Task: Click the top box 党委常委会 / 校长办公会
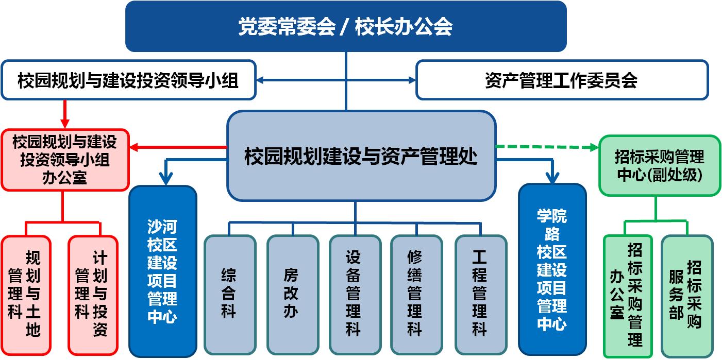pos(346,26)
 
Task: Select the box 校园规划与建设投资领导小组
pos(128,80)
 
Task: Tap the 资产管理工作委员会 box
pos(562,80)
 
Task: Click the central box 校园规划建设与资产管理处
pos(361,156)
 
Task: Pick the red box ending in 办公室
pos(65,160)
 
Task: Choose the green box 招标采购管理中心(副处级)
pos(660,165)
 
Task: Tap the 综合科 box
pos(229,293)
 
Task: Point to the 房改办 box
pos(292,293)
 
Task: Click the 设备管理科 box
pos(354,293)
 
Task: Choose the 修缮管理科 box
pos(415,293)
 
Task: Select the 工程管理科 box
pos(480,293)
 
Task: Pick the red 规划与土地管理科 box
pos(25,295)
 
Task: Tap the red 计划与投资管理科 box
pos(93,295)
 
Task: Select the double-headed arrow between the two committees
pos(336,80)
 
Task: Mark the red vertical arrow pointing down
pos(65,114)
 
